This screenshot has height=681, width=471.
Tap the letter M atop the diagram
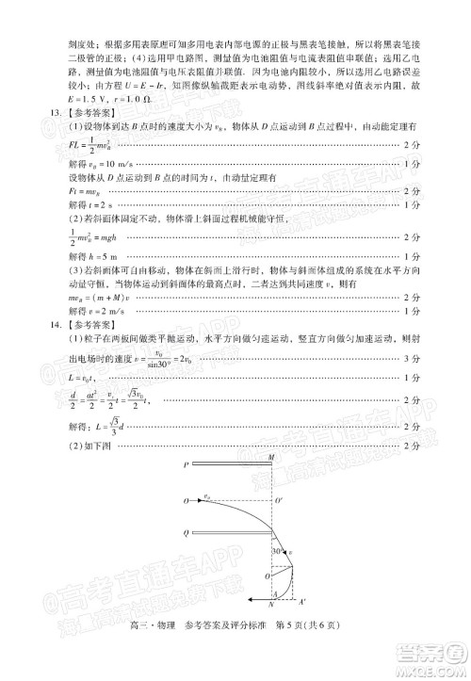click(x=271, y=458)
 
